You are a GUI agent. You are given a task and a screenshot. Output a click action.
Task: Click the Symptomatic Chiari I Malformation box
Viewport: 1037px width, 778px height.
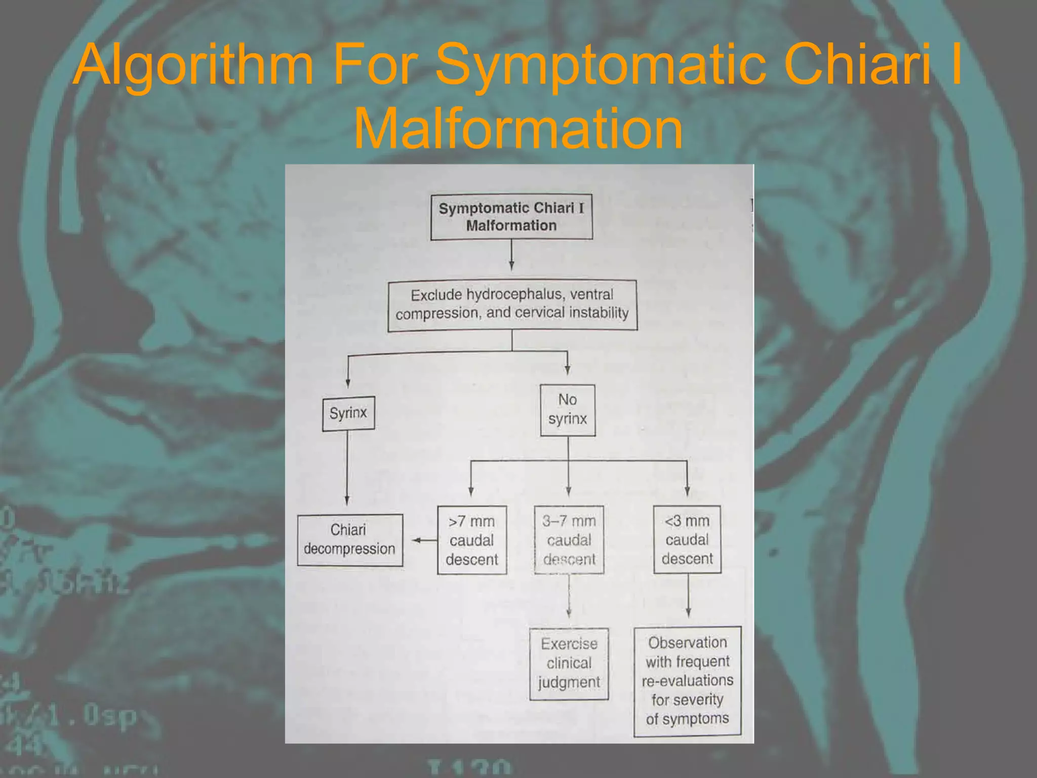tap(511, 217)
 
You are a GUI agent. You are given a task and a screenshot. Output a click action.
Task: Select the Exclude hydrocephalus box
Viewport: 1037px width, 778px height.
tap(512, 305)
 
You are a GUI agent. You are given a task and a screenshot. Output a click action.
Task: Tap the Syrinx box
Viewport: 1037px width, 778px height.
tap(348, 413)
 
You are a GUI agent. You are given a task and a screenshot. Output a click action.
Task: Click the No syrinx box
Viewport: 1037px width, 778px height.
tap(568, 410)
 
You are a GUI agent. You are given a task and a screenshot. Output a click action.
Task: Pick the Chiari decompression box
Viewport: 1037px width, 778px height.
tap(350, 540)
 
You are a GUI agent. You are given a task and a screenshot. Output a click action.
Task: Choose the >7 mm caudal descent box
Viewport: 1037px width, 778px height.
tap(472, 540)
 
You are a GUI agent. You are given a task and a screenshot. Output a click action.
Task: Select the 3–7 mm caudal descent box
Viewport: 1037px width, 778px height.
tap(569, 540)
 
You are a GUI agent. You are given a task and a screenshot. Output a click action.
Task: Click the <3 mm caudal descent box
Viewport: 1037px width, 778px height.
tap(687, 539)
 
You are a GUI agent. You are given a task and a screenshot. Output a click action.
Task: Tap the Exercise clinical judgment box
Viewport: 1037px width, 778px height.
tap(569, 664)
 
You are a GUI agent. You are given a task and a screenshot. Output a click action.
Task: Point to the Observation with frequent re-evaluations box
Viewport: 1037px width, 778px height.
tap(688, 681)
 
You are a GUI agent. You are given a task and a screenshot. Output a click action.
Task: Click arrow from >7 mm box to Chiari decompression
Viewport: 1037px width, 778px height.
tap(424, 540)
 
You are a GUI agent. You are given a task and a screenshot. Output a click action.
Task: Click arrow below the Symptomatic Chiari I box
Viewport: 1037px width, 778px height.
tap(511, 255)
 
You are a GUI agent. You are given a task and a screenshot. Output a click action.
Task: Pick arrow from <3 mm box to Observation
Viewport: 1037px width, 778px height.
tap(688, 596)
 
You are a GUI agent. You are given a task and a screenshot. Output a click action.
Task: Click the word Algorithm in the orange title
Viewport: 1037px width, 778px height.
tap(193, 64)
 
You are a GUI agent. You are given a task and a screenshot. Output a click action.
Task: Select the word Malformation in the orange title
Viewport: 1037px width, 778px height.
tap(518, 129)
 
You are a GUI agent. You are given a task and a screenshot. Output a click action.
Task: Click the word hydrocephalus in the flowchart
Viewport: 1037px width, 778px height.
tap(515, 295)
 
